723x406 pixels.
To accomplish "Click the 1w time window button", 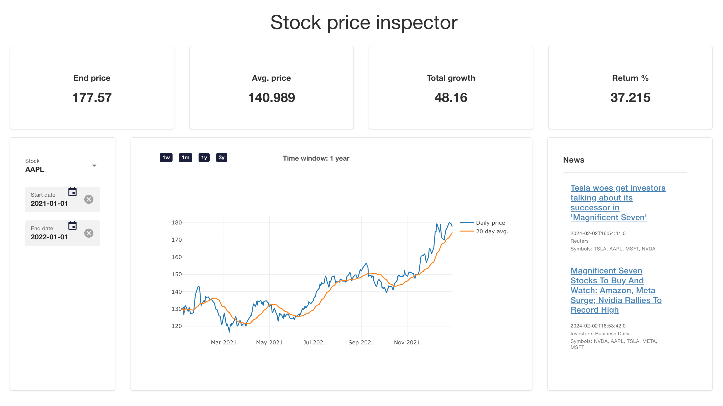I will point(166,158).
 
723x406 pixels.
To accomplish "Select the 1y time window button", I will point(204,158).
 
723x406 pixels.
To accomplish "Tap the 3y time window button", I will point(222,158).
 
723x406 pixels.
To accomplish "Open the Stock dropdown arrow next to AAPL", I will point(94,166).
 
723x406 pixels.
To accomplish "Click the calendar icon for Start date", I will point(73,192).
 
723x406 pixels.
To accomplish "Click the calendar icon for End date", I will point(73,225).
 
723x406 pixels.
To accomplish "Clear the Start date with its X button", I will point(89,199).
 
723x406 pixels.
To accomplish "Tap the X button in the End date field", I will point(89,233).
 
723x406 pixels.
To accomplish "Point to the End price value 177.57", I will point(92,98).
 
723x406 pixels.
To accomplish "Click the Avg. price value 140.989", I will point(271,98).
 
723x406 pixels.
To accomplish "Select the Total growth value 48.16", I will point(451,98).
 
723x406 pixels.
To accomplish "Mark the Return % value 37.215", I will point(630,98).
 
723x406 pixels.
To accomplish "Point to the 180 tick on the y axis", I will point(177,222).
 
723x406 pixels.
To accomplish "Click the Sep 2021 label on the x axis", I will point(361,342).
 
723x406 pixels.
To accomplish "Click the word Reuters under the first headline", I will point(579,241).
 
